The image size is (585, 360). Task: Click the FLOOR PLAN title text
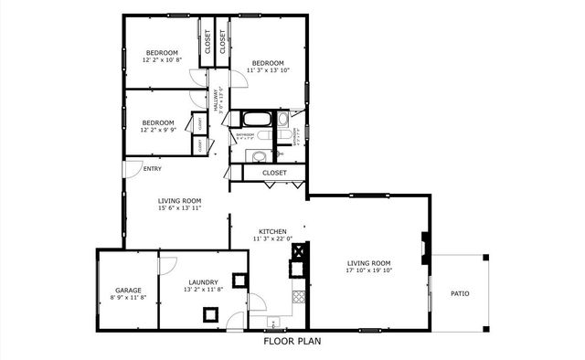pos(292,342)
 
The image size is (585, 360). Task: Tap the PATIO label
pos(460,293)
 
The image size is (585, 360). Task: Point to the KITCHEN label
pos(272,232)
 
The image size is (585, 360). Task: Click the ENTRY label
pos(152,168)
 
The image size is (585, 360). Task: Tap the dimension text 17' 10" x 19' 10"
pos(368,270)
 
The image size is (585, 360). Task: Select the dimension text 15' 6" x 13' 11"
pos(179,208)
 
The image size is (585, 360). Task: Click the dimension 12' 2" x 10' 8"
pos(162,60)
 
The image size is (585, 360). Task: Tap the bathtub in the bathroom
pos(255,119)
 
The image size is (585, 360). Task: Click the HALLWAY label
pos(218,99)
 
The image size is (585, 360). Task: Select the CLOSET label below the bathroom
pos(274,172)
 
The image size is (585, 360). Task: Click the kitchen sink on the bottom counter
pos(272,323)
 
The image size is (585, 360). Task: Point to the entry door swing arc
pos(133,170)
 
